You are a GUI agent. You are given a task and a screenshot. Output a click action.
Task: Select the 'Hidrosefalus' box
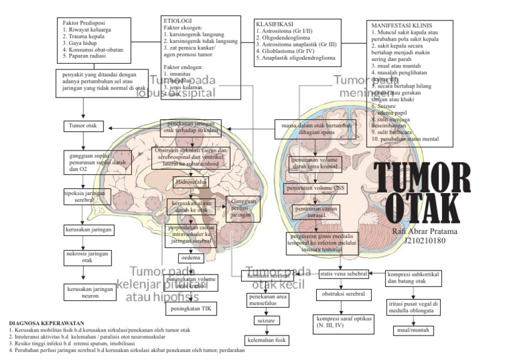[x=191, y=182]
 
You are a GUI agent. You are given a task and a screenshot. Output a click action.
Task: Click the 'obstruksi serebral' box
[x=343, y=294]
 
